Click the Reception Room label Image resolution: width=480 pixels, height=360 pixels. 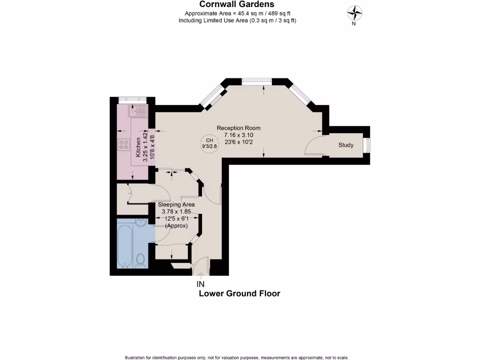238,128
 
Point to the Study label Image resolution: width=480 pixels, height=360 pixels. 346,145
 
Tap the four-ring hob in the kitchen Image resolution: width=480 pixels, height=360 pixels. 124,145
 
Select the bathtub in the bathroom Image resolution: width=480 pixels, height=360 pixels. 125,246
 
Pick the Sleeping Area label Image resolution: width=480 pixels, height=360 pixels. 176,205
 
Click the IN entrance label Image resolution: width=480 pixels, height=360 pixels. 200,284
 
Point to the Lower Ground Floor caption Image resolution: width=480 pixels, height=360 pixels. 240,294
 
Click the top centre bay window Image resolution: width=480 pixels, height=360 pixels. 256,81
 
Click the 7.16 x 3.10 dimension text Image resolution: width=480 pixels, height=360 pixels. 238,135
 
